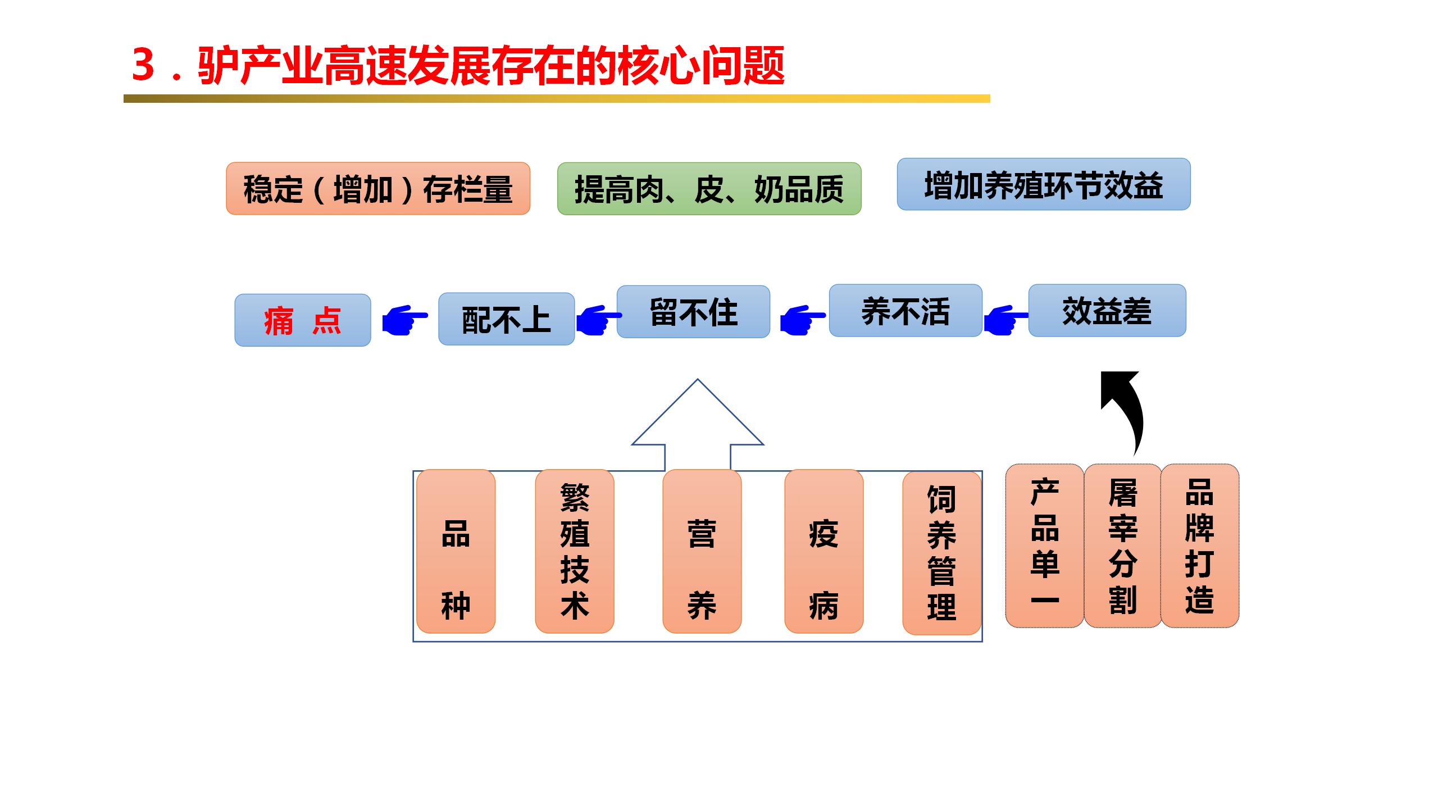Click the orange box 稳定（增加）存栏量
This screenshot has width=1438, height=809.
[378, 189]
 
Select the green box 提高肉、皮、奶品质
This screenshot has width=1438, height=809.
[709, 189]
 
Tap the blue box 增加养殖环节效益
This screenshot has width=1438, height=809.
[1043, 184]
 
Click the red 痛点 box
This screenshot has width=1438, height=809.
[303, 320]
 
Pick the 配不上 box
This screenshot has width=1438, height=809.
[506, 319]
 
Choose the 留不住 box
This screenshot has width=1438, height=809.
[693, 312]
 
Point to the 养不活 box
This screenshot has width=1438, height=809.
[905, 311]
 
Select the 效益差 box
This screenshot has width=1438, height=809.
[1107, 311]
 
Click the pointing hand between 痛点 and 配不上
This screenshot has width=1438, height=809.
[404, 321]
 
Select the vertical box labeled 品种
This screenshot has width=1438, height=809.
[456, 551]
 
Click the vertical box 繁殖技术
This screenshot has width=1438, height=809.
[574, 551]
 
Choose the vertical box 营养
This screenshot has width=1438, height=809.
[702, 551]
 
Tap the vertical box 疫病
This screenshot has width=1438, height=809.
[823, 551]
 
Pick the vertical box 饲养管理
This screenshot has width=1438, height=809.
[941, 553]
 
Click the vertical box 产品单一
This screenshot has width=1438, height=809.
[1044, 546]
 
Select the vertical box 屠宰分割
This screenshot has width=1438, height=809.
[1122, 546]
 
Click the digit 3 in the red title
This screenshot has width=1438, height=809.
[143, 65]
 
